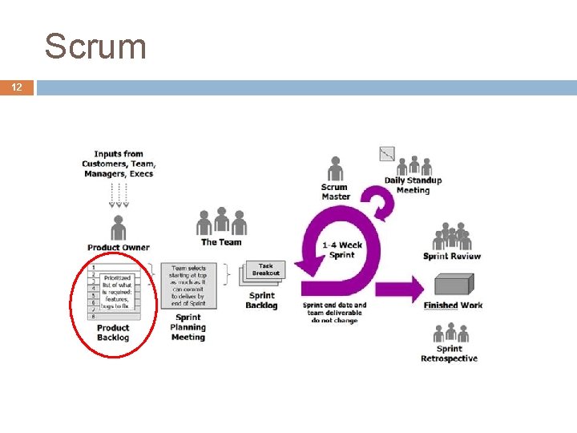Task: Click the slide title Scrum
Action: [95, 47]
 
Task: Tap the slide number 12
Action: [17, 87]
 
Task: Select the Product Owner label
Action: [119, 247]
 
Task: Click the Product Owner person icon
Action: [119, 227]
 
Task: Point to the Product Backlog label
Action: [113, 332]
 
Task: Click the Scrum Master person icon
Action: [335, 169]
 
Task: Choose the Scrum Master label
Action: [335, 192]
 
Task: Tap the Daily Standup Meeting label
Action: [413, 185]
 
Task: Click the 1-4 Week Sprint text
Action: [341, 249]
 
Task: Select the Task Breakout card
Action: [265, 269]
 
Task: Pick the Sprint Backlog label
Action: [261, 300]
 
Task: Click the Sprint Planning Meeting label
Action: [188, 327]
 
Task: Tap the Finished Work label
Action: [453, 306]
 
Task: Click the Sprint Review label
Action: [452, 256]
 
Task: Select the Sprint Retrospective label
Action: [449, 354]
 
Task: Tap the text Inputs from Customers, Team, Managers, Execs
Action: [119, 164]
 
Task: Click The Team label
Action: [221, 242]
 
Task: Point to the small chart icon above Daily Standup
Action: [387, 154]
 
